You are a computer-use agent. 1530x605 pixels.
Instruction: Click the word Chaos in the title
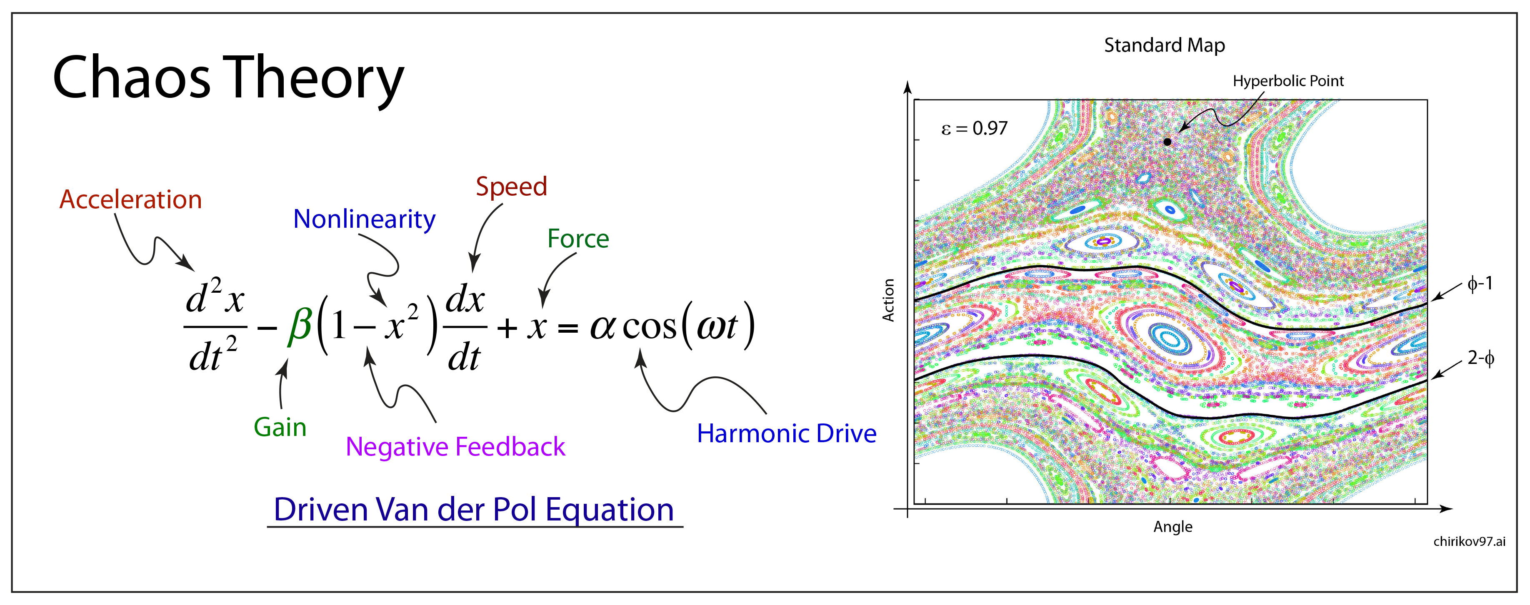(131, 78)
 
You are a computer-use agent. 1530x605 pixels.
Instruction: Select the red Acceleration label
(131, 199)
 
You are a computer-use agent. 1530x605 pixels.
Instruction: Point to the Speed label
(511, 187)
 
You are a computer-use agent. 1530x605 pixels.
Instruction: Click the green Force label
(578, 239)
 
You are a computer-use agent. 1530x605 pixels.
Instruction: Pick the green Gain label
(280, 428)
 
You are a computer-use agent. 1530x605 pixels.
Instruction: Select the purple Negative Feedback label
(455, 446)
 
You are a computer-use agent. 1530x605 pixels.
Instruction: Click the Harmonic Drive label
(786, 433)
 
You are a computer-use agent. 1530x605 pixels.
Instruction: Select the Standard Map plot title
(1164, 45)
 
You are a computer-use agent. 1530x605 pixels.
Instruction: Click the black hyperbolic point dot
(1167, 142)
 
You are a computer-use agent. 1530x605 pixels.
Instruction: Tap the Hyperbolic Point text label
(1287, 81)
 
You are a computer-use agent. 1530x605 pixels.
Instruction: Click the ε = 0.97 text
(974, 128)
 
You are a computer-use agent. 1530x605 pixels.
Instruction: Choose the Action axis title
(888, 301)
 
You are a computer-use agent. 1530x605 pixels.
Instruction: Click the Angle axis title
(1172, 527)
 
